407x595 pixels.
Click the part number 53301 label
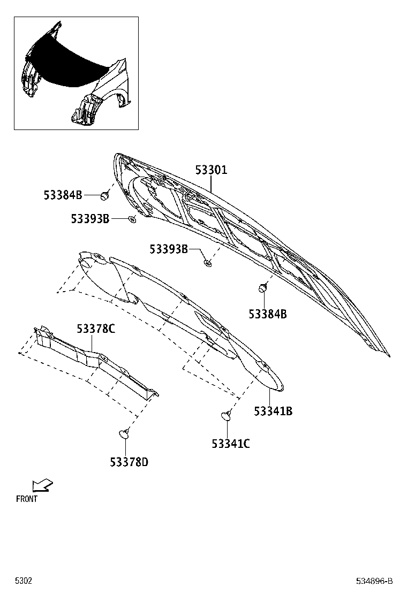(211, 170)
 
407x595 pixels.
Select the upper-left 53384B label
(63, 195)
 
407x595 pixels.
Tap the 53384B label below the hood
(268, 314)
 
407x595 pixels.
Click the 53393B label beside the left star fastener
(90, 219)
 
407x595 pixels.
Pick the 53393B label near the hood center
(169, 249)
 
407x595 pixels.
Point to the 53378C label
(96, 329)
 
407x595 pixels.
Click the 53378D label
(129, 462)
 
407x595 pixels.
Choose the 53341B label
(273, 411)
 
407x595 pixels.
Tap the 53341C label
(231, 444)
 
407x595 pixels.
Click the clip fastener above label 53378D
(125, 433)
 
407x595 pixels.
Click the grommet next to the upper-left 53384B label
(104, 196)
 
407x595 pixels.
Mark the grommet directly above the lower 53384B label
(262, 289)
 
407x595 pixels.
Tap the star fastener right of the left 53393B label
(132, 219)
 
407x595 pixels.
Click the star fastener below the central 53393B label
(207, 262)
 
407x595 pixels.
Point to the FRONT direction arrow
(42, 485)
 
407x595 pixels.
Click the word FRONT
(27, 499)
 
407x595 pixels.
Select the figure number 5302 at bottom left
(24, 581)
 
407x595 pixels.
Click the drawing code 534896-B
(374, 581)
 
